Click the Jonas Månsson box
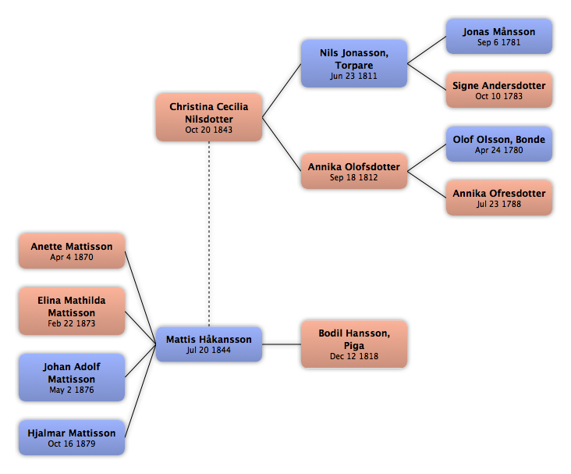[499, 37]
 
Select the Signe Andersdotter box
[499, 90]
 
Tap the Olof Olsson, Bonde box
[499, 144]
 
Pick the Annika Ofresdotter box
[499, 198]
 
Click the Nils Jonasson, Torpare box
[354, 63]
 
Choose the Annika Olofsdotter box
[354, 171]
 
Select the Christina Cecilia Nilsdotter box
[209, 117]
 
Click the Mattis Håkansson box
[209, 344]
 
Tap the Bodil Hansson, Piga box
[354, 344]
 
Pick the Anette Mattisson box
[72, 251]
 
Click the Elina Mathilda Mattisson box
[72, 311]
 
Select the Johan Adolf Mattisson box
[72, 377]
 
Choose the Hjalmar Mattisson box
[72, 437]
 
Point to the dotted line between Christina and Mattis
[209, 233]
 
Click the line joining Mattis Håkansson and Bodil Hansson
[282, 344]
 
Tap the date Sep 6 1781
[499, 42]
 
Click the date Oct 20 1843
[208, 130]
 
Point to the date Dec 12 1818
[354, 356]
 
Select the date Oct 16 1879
[72, 444]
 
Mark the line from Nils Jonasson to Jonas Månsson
[427, 50]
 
